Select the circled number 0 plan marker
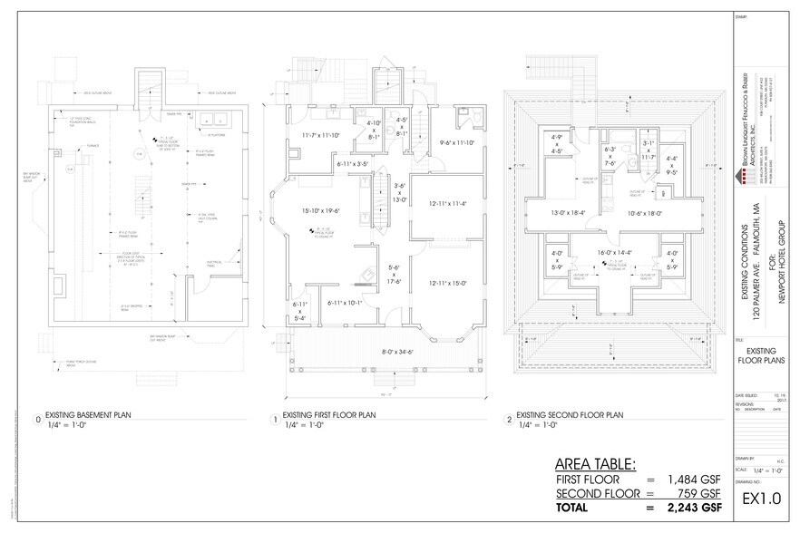[x=36, y=420]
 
